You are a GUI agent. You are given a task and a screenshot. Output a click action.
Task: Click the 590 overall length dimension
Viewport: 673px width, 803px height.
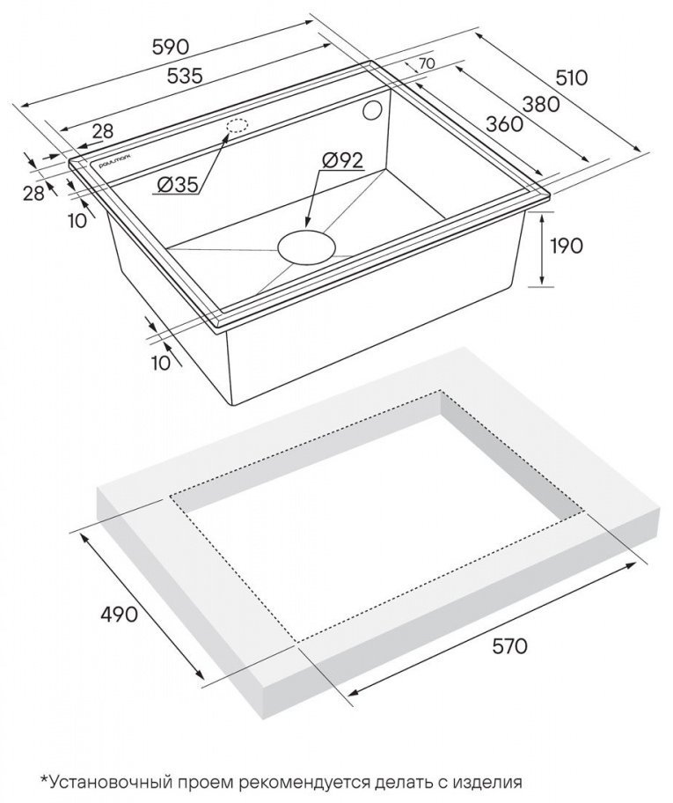[x=171, y=48]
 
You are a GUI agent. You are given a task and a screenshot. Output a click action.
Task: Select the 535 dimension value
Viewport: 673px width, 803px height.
[x=186, y=76]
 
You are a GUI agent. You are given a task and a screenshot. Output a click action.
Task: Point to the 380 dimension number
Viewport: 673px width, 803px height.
[x=541, y=105]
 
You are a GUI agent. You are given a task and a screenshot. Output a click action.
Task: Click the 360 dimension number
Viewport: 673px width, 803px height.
[x=505, y=124]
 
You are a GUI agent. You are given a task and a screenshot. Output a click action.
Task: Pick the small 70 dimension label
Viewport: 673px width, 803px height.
[x=427, y=64]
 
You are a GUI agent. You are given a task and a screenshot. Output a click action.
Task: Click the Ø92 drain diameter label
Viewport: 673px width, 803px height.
[x=342, y=160]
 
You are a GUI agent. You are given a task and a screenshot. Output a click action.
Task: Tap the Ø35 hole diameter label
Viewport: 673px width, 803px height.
[x=178, y=185]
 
